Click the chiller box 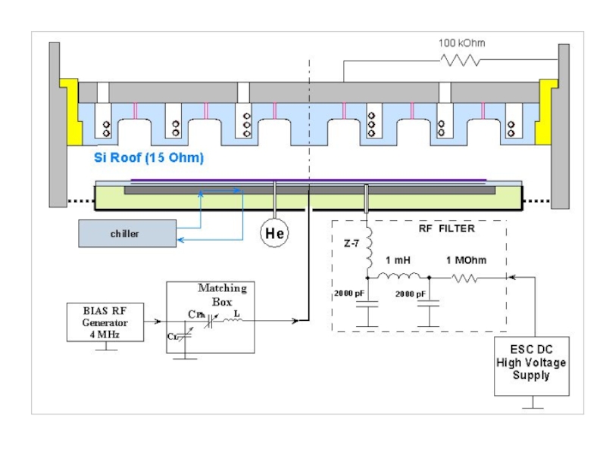click(125, 234)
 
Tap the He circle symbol click(274, 234)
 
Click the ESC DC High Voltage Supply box click(532, 362)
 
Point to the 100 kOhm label click(461, 43)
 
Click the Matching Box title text click(222, 293)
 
